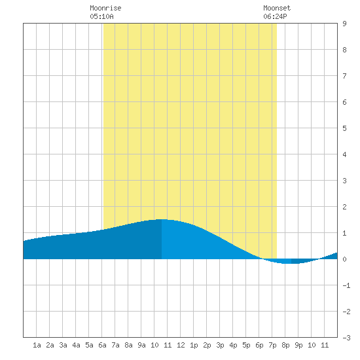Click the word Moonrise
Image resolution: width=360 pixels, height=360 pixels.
click(x=105, y=8)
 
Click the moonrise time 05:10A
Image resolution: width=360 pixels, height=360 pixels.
click(x=101, y=16)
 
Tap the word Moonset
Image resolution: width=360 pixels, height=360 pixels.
click(x=277, y=8)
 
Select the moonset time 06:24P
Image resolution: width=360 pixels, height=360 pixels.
click(x=275, y=16)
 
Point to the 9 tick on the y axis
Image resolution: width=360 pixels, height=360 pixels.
click(x=344, y=24)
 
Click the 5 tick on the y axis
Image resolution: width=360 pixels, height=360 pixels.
click(x=344, y=128)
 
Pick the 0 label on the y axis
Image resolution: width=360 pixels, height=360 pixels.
click(x=344, y=259)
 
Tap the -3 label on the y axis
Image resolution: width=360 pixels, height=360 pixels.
click(x=346, y=338)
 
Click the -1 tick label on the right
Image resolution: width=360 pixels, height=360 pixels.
click(x=346, y=285)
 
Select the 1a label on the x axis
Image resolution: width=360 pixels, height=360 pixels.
click(x=37, y=345)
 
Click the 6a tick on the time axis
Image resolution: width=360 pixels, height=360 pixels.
click(x=102, y=345)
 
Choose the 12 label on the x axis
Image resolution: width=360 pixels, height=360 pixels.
click(x=181, y=345)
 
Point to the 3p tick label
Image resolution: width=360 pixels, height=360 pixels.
click(x=220, y=345)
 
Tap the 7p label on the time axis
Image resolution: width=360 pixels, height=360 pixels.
click(x=272, y=345)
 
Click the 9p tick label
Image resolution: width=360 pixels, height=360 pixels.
click(x=298, y=345)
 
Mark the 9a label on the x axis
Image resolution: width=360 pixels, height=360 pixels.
click(x=141, y=345)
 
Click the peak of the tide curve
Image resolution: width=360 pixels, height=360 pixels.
click(x=162, y=219)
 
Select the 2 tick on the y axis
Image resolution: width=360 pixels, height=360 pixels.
click(x=344, y=207)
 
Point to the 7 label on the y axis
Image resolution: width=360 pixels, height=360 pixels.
click(x=344, y=76)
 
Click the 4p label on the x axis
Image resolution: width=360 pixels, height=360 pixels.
click(x=233, y=345)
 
